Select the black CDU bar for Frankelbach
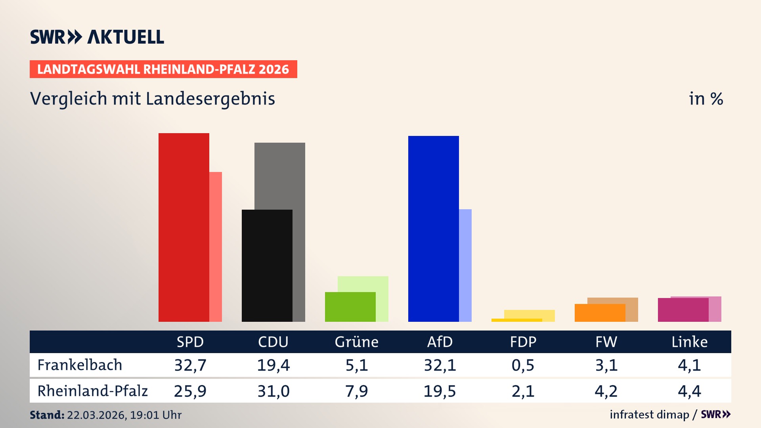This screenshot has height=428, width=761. pos(267,266)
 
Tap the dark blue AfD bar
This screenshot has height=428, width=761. pos(433,229)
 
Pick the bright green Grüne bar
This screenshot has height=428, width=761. pos(350,307)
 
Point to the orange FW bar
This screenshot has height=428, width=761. pos(600,313)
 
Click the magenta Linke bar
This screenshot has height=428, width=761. pos(683,310)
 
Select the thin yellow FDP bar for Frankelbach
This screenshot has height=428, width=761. pos(516,320)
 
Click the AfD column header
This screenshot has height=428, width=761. pos(440,342)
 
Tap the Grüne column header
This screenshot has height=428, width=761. pos(356,342)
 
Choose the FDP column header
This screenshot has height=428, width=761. pos(523,342)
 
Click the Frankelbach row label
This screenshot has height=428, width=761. pos(80,365)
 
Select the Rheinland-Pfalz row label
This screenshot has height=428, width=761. pos(92,391)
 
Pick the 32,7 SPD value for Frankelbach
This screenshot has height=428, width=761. pos(190,365)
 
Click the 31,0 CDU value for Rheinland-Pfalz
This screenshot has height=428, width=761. pos(273,391)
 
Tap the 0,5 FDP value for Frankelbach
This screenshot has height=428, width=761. pos(523,365)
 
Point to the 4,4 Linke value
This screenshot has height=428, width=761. pos(689,391)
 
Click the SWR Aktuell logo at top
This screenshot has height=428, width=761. pos(97,37)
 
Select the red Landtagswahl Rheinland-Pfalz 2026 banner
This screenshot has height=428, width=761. pos(163,69)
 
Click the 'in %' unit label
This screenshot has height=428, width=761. pos(706,99)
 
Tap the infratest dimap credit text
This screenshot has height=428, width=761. pos(649,415)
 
